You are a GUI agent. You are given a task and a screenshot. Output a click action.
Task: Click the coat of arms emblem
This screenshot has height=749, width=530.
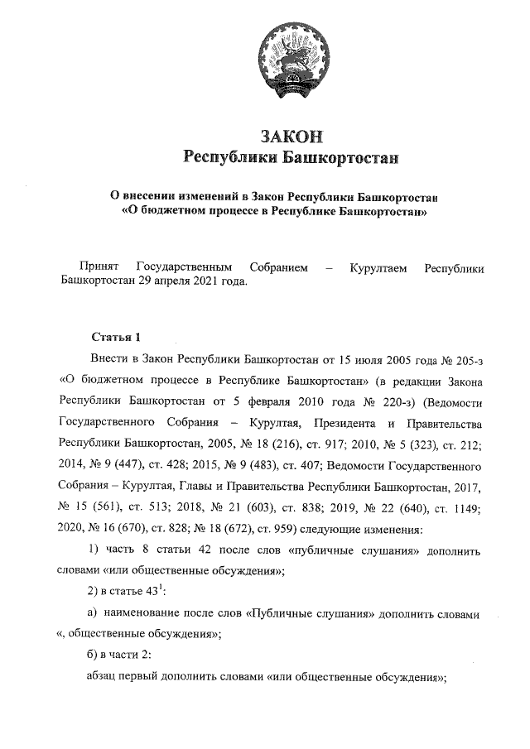click(x=290, y=58)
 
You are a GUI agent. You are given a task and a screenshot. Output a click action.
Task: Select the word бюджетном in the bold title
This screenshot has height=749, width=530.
click(x=174, y=212)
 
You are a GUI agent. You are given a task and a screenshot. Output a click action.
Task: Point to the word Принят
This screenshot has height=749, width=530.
click(x=96, y=266)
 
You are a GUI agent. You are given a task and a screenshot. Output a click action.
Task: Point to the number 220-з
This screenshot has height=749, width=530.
click(x=397, y=402)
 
